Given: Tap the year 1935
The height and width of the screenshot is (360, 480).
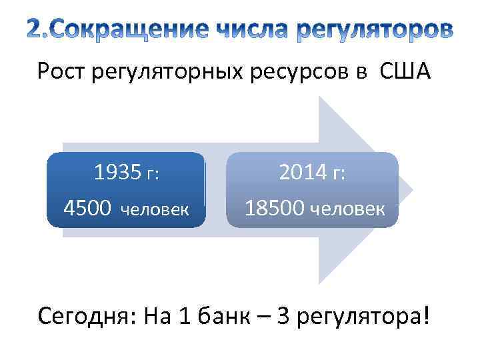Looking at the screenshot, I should (x=117, y=173).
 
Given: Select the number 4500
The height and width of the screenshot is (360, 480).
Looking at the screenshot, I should (x=87, y=209).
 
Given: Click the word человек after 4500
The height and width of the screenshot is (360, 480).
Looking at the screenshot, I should (x=155, y=211).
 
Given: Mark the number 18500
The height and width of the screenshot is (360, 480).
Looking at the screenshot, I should (x=273, y=209).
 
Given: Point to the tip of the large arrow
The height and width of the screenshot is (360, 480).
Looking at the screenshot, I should (x=411, y=191).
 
